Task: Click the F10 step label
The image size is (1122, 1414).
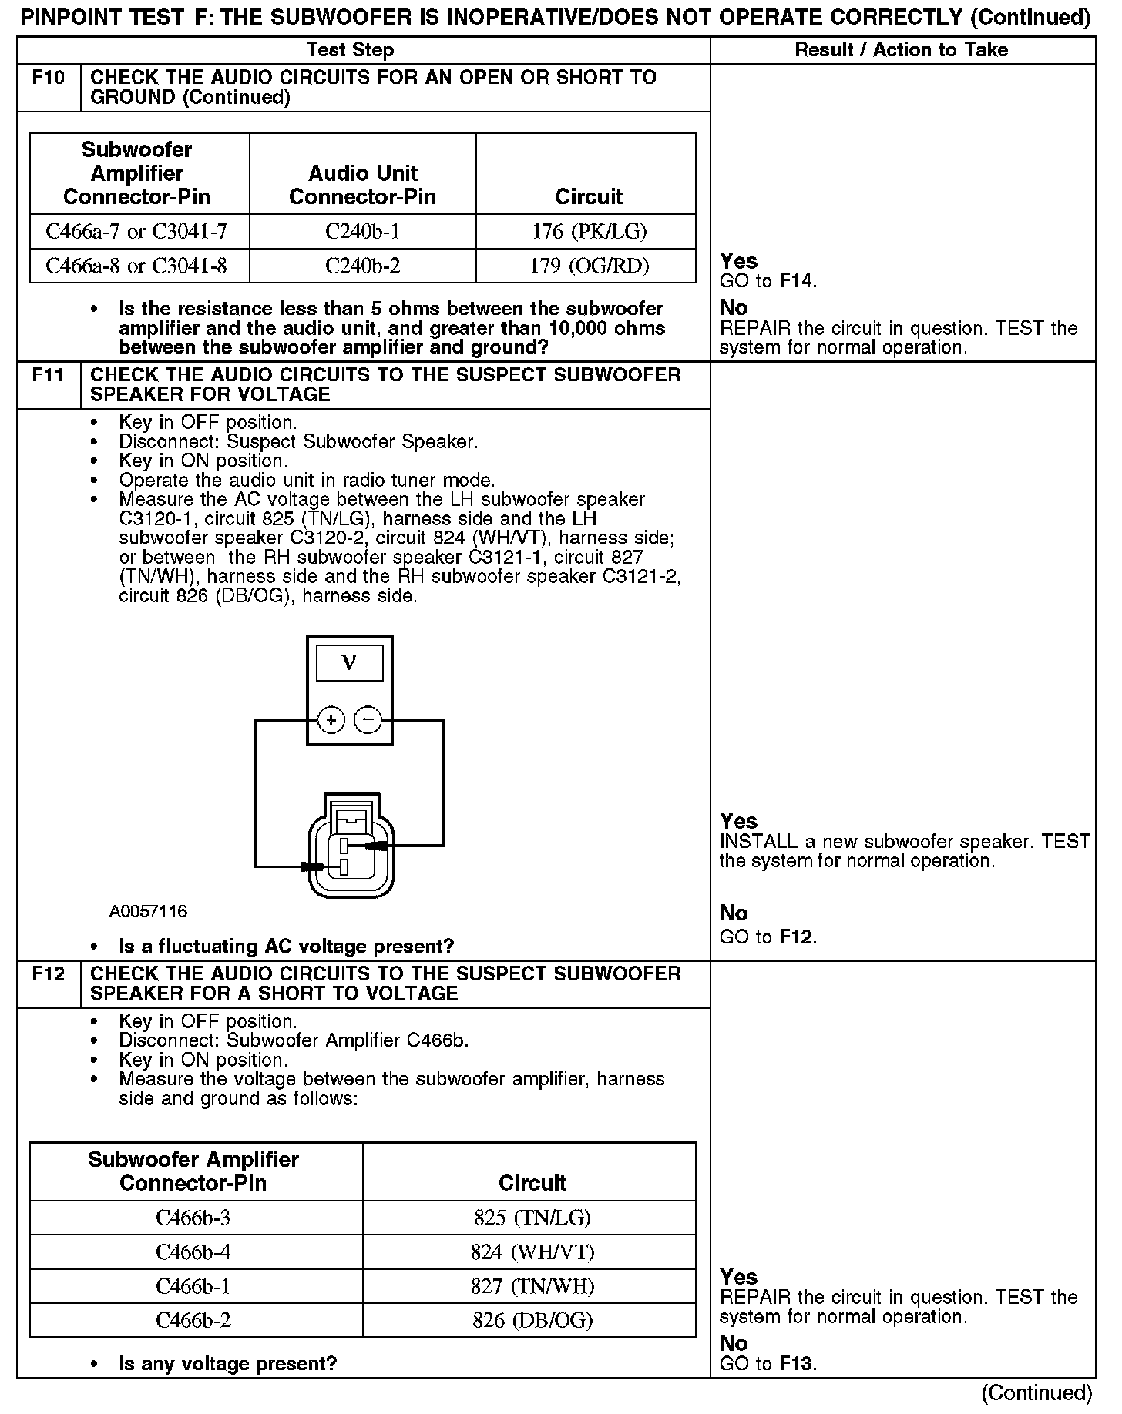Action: pos(48,78)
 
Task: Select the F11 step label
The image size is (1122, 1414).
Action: pos(48,375)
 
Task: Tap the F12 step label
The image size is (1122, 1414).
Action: pos(48,974)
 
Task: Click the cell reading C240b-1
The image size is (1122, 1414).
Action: pos(362,231)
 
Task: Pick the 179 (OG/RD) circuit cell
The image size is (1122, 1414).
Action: pos(589,266)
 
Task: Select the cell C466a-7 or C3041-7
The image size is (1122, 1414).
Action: pos(137,231)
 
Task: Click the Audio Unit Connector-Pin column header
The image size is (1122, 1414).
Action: pos(362,185)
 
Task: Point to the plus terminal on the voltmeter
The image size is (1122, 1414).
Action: pos(331,720)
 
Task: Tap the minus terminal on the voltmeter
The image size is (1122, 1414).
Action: pos(368,720)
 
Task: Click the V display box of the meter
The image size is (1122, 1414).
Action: pos(349,663)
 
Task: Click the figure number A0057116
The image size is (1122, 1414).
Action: pos(148,912)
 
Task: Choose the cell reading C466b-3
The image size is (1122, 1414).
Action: pos(193,1218)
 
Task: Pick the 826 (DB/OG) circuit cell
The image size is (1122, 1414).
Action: pos(532,1321)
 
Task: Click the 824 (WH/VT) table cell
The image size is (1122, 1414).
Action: pos(532,1252)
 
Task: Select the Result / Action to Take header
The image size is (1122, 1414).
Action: pos(901,50)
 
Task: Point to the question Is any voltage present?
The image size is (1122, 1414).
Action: pos(228,1364)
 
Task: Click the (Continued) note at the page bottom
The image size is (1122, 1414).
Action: pos(1036,1393)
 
